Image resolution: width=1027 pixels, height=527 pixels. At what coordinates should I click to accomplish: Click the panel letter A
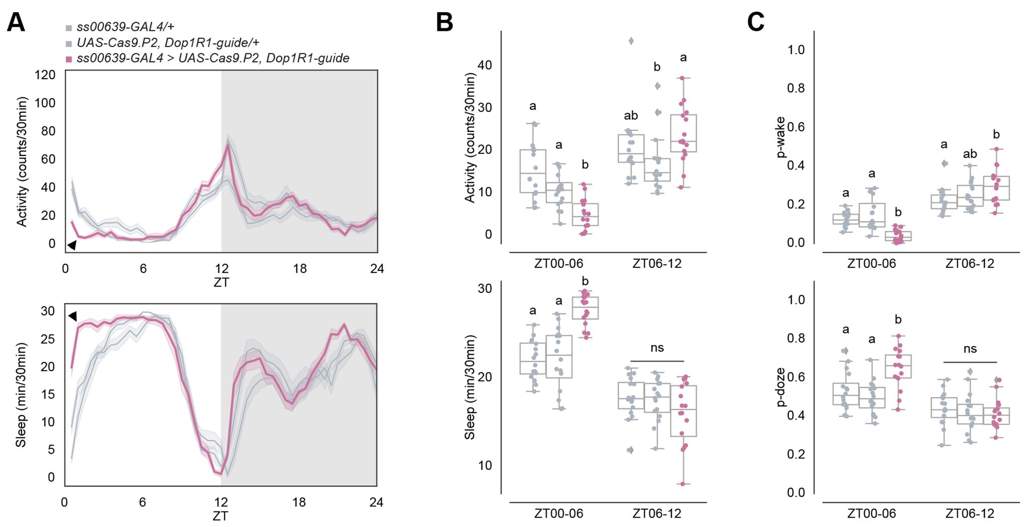(x=16, y=23)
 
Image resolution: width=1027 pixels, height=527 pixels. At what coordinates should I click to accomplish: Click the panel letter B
(x=444, y=23)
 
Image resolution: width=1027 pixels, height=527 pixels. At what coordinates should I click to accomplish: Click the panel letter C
(x=756, y=23)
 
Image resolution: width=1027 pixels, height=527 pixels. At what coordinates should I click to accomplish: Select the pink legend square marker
(x=69, y=59)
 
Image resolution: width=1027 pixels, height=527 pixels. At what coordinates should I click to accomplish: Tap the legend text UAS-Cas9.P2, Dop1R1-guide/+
(x=167, y=43)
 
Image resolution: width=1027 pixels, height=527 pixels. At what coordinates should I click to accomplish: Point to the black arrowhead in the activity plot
(x=72, y=245)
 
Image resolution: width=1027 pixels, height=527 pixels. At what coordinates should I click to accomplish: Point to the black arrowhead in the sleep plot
(x=72, y=316)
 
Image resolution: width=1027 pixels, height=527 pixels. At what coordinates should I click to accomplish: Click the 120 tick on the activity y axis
(x=45, y=75)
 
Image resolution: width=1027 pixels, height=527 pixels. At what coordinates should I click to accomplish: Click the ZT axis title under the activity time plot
(x=221, y=282)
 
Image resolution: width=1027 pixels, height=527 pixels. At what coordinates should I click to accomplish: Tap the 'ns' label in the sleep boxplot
(x=657, y=347)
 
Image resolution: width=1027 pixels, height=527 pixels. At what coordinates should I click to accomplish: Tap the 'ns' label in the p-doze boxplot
(x=970, y=348)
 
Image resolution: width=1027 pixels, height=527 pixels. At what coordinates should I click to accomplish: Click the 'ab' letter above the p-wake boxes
(x=970, y=154)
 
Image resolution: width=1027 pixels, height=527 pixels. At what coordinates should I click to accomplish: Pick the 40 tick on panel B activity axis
(x=484, y=66)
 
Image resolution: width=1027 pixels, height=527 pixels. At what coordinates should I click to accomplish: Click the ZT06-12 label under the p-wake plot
(x=970, y=264)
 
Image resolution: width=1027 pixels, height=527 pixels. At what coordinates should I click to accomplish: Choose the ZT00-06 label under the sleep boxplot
(x=559, y=513)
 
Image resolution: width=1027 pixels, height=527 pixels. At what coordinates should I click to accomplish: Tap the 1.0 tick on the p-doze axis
(x=796, y=300)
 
